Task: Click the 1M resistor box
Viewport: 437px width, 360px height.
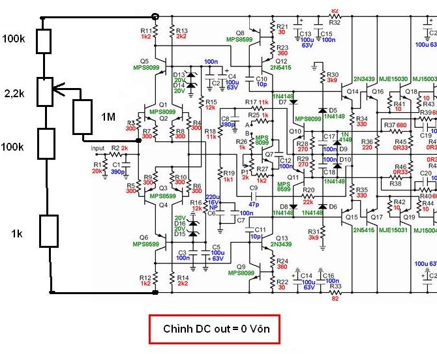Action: click(82, 117)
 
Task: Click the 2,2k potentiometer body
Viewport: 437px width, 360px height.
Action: click(44, 92)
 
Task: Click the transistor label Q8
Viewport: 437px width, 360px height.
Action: click(240, 32)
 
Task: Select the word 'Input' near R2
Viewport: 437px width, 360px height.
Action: click(98, 149)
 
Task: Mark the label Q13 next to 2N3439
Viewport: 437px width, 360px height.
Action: click(282, 238)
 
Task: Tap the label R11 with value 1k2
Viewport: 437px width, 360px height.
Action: click(146, 34)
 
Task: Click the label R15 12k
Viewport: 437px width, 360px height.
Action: click(209, 104)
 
